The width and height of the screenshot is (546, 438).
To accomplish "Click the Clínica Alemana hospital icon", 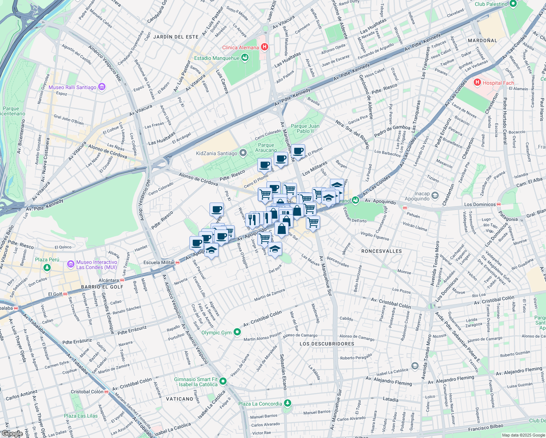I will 265,47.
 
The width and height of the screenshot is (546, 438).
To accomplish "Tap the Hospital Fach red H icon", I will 477,82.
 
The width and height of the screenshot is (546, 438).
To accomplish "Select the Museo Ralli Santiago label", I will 72,87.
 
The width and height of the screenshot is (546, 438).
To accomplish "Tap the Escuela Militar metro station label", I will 159,262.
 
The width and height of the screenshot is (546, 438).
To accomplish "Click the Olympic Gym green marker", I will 237,332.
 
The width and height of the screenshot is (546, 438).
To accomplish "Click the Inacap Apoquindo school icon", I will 435,196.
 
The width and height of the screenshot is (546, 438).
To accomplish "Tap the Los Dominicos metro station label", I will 480,204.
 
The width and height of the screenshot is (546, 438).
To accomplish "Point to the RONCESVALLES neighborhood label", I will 381,251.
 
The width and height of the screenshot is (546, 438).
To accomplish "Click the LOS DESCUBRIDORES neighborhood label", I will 327,344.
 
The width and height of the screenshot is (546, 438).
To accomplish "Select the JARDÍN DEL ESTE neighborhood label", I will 176,37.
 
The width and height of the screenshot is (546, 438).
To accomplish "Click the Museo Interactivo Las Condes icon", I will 70,264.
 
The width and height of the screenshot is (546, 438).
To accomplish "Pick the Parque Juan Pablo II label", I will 305,128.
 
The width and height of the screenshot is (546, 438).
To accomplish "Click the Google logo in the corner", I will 12,434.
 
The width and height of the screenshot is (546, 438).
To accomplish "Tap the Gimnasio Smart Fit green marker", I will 223,381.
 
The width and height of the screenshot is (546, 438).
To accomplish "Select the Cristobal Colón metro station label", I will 87,392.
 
